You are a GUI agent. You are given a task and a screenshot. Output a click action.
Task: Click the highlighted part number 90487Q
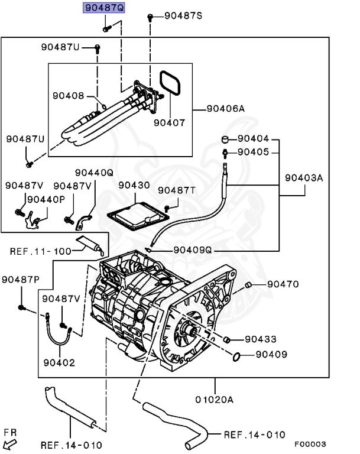coord(103,8)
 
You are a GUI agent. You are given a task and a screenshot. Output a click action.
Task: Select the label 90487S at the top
coord(183,16)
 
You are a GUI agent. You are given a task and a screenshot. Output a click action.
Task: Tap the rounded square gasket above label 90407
coord(170,83)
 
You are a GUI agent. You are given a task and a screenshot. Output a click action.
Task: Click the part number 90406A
coord(225,109)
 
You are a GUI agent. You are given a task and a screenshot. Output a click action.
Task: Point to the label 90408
coord(68,95)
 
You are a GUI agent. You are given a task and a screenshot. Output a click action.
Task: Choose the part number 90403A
coord(304,177)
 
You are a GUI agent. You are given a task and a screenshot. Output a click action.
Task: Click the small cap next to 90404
coord(225,140)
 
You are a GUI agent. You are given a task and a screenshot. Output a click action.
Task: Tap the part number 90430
coord(134,186)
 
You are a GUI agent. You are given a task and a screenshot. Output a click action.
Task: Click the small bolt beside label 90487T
coord(167,208)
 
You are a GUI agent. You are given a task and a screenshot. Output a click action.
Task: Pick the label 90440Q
coord(93,173)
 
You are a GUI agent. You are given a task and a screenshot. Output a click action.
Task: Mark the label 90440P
coord(46,199)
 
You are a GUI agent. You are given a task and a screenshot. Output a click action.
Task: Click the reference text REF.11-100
coord(40,251)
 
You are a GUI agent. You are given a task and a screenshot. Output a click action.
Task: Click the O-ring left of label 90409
coord(235,356)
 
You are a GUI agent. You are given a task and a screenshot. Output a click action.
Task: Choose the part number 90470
coord(283,284)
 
